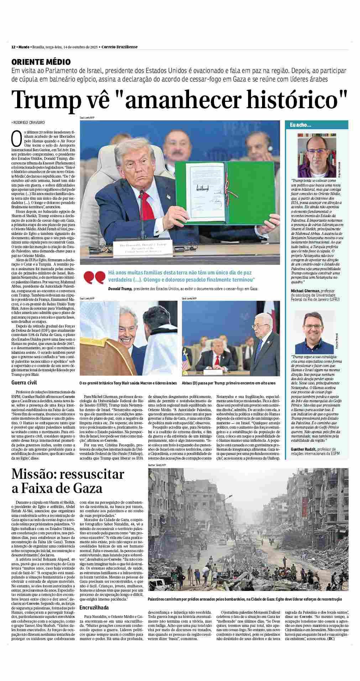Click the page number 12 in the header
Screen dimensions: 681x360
(13, 47)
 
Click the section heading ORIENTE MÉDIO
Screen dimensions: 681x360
(41, 62)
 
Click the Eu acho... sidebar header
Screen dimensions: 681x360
(301, 125)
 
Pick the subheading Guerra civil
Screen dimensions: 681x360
(24, 383)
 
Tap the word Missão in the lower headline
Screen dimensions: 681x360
(33, 475)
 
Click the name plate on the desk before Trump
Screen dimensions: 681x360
(141, 248)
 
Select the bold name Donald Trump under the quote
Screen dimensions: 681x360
(120, 289)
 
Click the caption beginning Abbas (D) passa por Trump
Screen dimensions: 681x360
(228, 383)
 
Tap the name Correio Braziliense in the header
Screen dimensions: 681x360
(119, 47)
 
